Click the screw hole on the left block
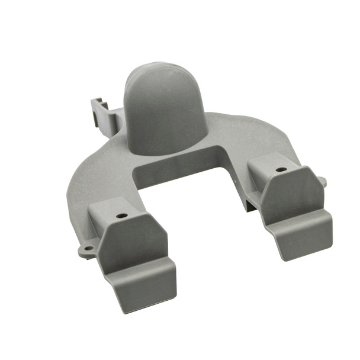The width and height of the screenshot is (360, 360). [123, 216]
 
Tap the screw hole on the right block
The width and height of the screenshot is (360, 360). [278, 170]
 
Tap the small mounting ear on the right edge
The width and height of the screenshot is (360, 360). [322, 179]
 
